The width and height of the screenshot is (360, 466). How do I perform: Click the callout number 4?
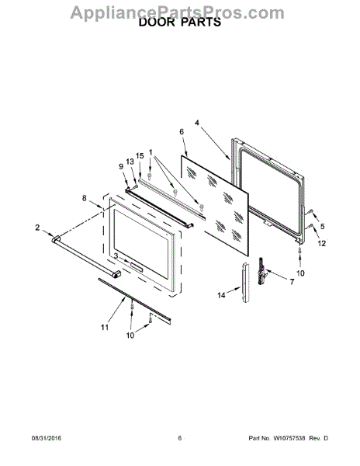(197, 123)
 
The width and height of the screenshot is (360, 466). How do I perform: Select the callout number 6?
(182, 132)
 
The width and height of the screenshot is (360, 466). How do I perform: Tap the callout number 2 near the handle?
(37, 228)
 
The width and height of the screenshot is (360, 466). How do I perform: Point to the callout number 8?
(85, 198)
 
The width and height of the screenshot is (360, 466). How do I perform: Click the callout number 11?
(105, 328)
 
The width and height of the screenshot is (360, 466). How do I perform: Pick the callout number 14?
(221, 295)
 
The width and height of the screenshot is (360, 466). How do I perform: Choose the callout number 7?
(292, 282)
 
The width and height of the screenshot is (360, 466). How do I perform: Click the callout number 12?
(322, 243)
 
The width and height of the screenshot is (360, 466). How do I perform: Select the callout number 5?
(322, 227)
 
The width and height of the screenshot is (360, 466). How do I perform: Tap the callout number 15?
(140, 156)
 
